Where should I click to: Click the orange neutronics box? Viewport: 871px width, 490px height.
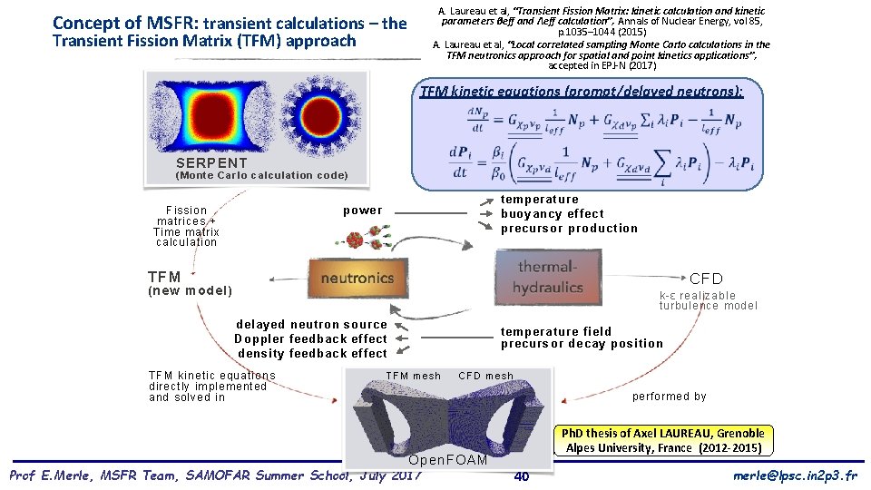click(x=357, y=278)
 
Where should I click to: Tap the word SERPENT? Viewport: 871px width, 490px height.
click(x=211, y=163)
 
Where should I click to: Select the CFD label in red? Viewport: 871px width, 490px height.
click(x=707, y=279)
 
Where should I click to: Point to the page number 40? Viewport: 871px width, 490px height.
click(x=522, y=477)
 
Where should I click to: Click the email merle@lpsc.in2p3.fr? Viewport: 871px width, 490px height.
click(x=793, y=476)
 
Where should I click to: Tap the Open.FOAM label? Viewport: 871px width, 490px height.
click(x=448, y=460)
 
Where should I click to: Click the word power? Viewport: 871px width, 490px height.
click(x=363, y=211)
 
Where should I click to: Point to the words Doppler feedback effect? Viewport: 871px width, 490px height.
click(x=310, y=338)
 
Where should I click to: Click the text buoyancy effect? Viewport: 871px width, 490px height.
click(x=553, y=214)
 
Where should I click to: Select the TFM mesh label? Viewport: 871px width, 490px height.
click(x=414, y=376)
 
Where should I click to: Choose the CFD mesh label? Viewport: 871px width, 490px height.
click(x=485, y=376)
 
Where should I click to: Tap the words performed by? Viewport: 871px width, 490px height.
click(x=669, y=397)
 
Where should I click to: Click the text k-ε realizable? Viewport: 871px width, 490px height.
click(x=698, y=296)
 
